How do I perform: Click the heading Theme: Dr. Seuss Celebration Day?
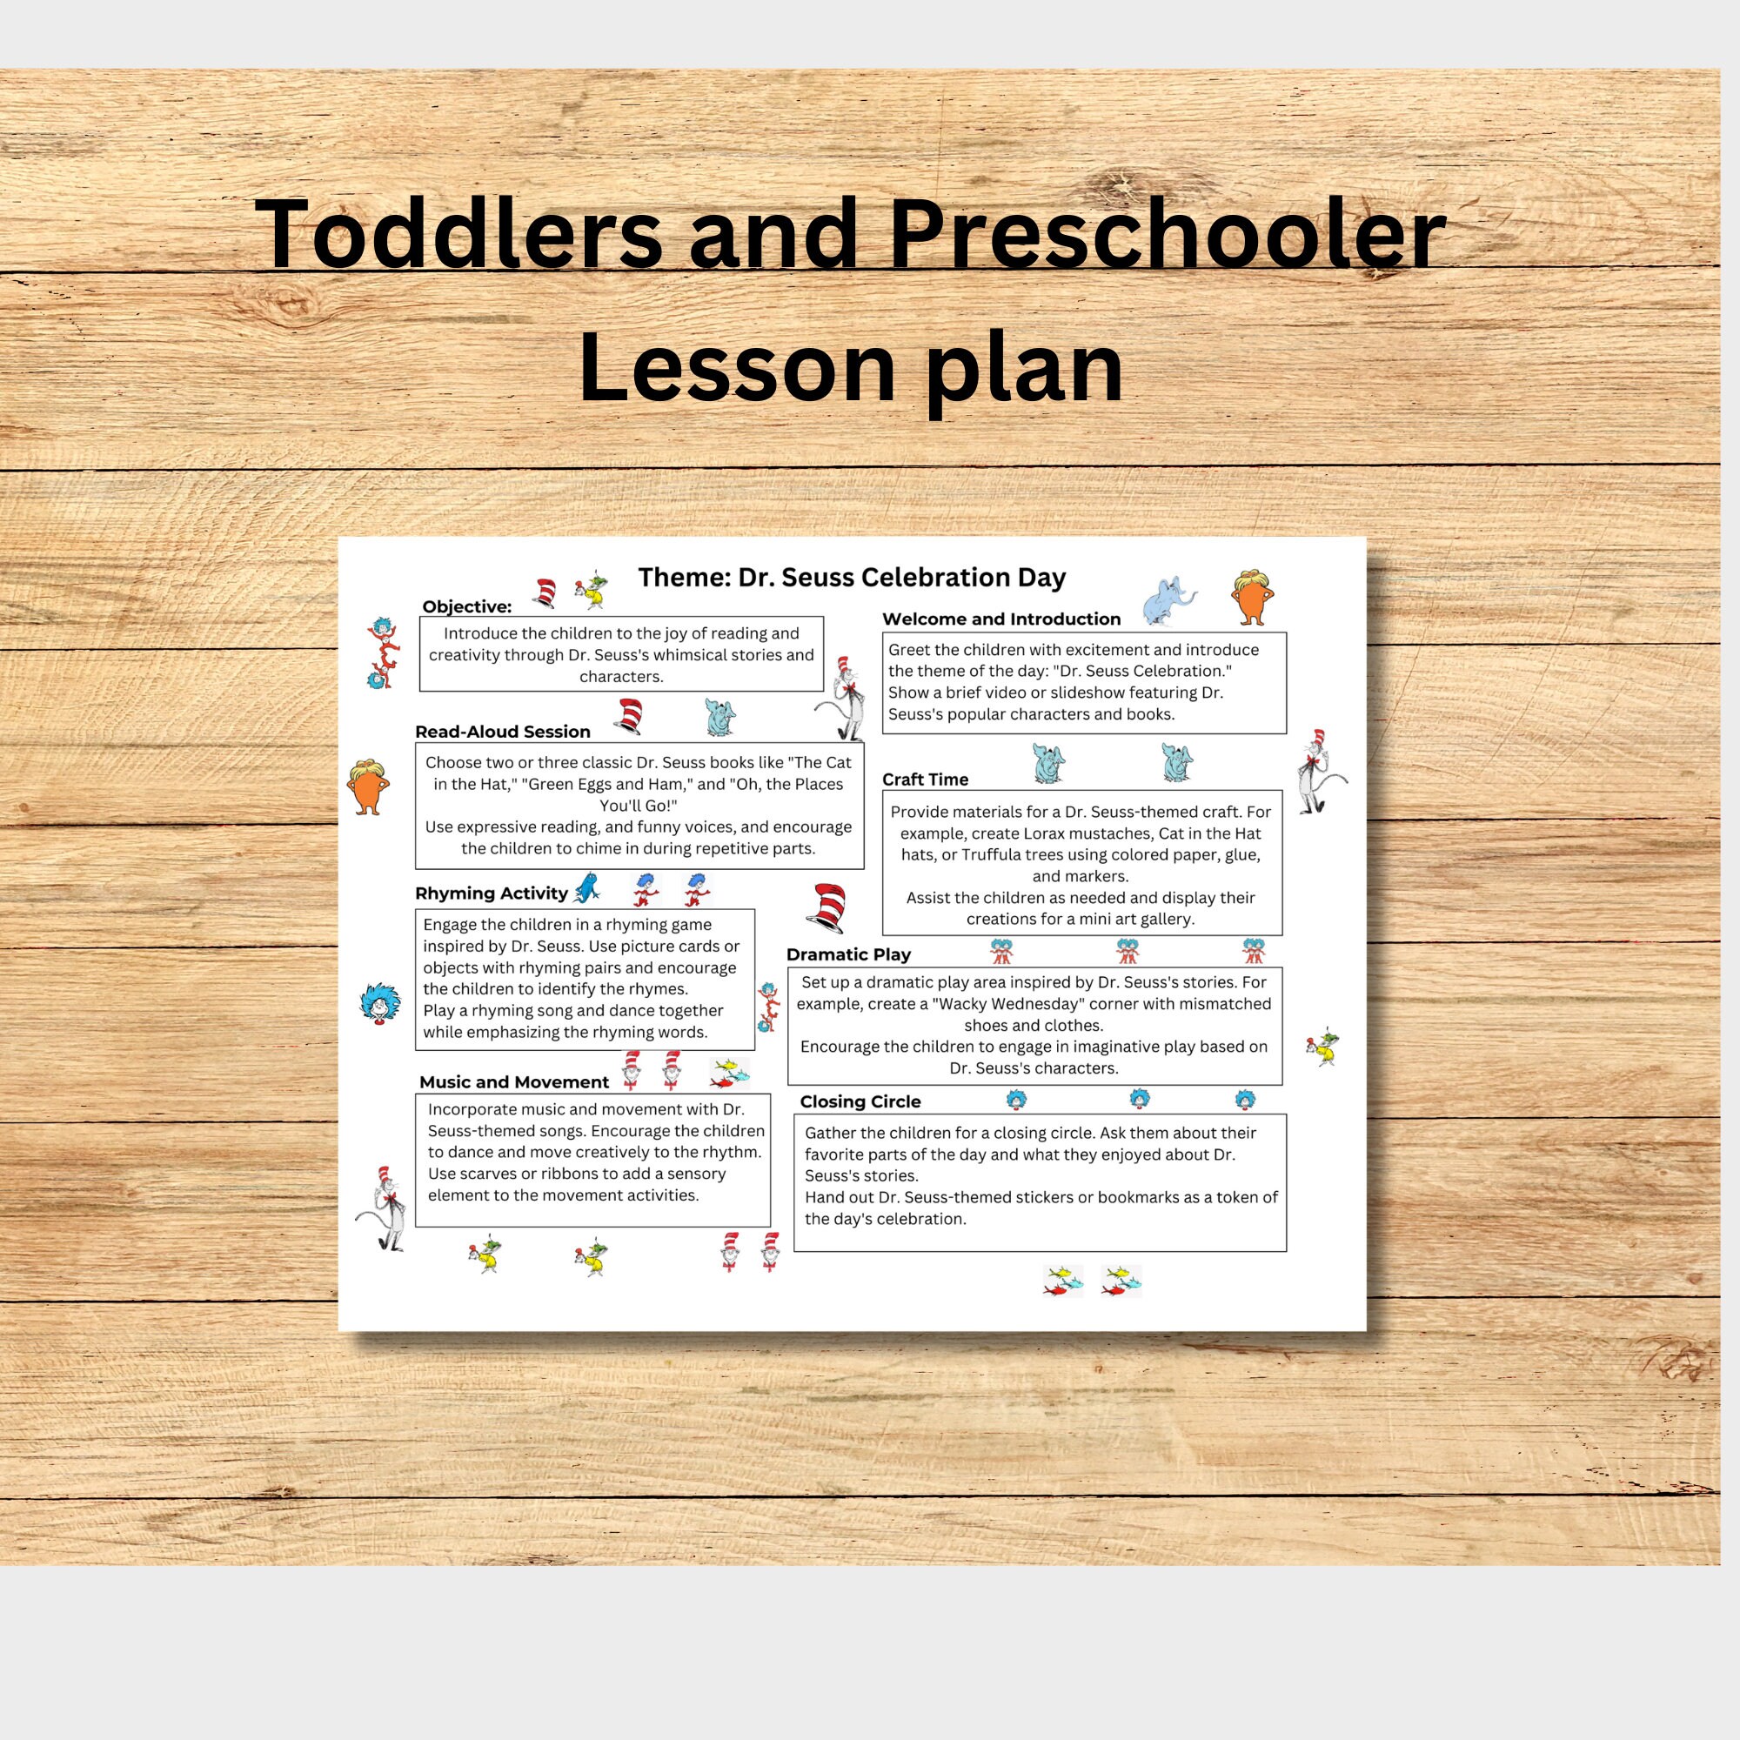click(x=851, y=578)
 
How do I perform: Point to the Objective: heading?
click(x=466, y=606)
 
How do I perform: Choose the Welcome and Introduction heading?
click(x=1000, y=619)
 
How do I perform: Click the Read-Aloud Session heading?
click(x=503, y=732)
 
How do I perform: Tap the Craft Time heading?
click(x=925, y=779)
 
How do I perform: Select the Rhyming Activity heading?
click(x=491, y=893)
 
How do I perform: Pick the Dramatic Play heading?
click(x=847, y=954)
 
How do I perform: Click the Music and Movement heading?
click(x=513, y=1081)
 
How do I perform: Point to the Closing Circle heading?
click(x=860, y=1101)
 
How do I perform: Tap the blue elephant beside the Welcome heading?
click(x=1168, y=602)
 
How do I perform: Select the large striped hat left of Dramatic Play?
click(x=826, y=907)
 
